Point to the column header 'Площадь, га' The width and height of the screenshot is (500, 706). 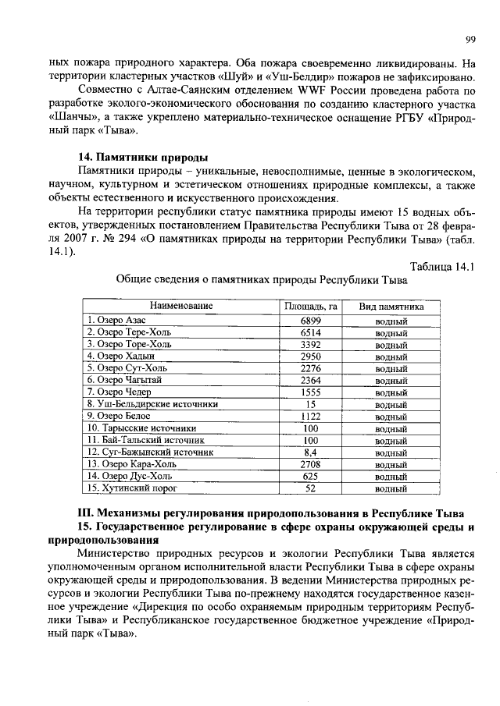click(310, 307)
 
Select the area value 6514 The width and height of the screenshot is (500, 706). click(310, 332)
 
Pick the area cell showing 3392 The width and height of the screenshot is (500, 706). click(310, 343)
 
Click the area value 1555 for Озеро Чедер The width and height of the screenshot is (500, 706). click(310, 392)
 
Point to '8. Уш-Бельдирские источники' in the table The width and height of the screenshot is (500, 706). click(152, 404)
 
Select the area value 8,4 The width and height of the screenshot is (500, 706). click(310, 452)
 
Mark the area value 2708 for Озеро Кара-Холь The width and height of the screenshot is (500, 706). click(310, 463)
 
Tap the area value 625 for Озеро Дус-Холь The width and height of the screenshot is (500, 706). click(310, 476)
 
